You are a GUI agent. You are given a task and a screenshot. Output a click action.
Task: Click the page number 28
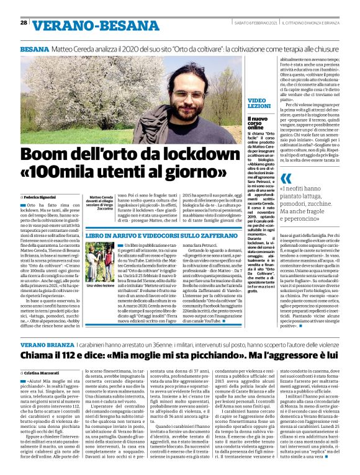[x=23, y=22]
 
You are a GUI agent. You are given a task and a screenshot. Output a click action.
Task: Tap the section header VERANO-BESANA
[x=86, y=24]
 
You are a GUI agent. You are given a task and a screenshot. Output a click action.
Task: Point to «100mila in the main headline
[x=67, y=170]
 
